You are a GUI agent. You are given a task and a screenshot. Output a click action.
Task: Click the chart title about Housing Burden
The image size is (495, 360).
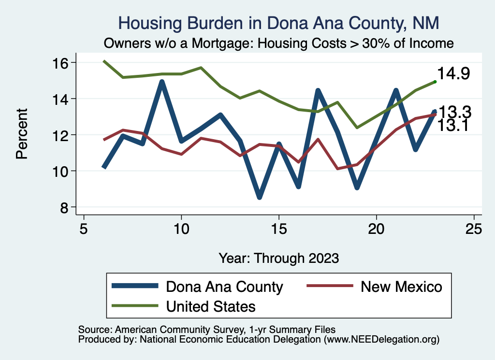point(279,23)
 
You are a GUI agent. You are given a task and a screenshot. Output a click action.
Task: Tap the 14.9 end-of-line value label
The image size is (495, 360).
point(454,74)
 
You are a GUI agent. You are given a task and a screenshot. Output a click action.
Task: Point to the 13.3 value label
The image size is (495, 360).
point(454,112)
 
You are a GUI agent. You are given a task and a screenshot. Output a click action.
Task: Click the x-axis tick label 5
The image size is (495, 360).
point(84,228)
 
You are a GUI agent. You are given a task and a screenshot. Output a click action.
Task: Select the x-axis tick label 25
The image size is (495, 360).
point(474,228)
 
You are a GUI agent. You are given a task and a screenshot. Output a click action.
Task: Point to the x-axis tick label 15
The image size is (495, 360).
point(278,228)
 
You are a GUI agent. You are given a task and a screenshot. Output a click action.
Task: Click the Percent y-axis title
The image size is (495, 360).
point(21,134)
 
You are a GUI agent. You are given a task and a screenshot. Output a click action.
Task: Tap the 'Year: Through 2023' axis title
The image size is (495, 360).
point(278,258)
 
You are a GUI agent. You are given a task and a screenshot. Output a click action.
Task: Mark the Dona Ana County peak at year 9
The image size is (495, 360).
point(162,82)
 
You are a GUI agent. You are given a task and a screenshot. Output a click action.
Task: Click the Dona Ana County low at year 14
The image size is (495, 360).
point(260,197)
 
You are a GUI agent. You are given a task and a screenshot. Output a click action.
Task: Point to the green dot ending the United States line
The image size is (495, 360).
point(435,82)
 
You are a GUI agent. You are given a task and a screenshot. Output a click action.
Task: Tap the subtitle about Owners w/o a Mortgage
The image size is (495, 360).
point(279,43)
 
